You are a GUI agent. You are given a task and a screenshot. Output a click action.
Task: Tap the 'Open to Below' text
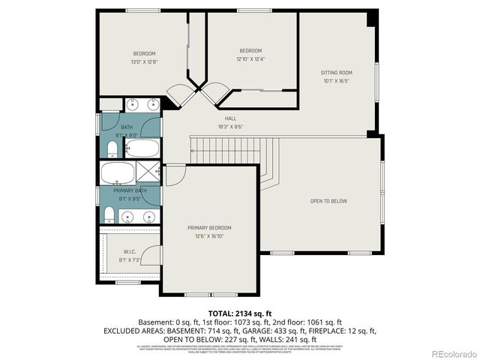pyautogui.click(x=328, y=201)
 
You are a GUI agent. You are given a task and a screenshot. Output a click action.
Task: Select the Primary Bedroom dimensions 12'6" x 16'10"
pyautogui.click(x=209, y=235)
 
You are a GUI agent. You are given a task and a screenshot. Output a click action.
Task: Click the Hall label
pyautogui.click(x=230, y=118)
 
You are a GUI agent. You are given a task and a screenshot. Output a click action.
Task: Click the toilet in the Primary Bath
pyautogui.click(x=109, y=217)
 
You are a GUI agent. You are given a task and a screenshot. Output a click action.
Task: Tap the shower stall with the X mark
pyautogui.click(x=148, y=172)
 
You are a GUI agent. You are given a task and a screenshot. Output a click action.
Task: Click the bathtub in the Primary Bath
pyautogui.click(x=118, y=172)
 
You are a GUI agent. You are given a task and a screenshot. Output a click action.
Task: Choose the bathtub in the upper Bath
pyautogui.click(x=142, y=148)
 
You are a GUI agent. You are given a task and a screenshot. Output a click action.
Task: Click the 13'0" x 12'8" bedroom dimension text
pyautogui.click(x=144, y=61)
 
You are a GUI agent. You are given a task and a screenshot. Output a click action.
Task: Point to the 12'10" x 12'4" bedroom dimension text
pyautogui.click(x=250, y=58)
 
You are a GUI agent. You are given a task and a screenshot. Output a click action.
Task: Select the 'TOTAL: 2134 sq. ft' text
pyautogui.click(x=239, y=312)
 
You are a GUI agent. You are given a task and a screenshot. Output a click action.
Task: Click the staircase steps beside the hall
pyautogui.click(x=240, y=150)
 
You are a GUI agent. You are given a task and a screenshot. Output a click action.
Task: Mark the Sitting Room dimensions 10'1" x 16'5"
pyautogui.click(x=337, y=81)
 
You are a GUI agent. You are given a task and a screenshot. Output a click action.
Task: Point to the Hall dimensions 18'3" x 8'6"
pyautogui.click(x=230, y=126)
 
